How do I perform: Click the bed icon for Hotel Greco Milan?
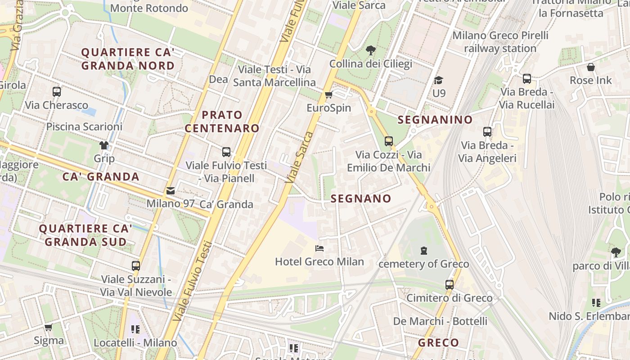[x=319, y=248]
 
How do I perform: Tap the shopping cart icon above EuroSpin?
[x=328, y=94]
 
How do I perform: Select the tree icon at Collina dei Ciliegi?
[x=371, y=50]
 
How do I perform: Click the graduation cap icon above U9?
[x=438, y=80]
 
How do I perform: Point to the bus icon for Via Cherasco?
[x=57, y=92]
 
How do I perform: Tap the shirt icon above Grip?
[x=104, y=145]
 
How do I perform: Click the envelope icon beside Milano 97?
[x=171, y=191]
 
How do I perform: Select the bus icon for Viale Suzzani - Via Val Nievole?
[x=136, y=266]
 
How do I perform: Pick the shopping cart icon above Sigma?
[x=48, y=327]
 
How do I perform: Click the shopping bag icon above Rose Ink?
[x=591, y=67]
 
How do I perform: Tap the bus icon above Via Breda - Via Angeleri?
[x=487, y=132]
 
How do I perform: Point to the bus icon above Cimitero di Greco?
[x=449, y=284]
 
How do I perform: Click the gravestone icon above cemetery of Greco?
[x=423, y=250]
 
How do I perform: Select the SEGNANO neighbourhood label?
[x=361, y=198]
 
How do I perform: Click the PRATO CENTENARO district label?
[x=222, y=121]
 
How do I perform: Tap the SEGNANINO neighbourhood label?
[x=435, y=120]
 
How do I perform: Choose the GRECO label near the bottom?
[x=438, y=343]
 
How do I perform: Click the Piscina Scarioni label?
[x=84, y=126]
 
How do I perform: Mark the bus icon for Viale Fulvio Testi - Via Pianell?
[x=226, y=152]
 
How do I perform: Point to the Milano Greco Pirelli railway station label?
[x=500, y=41]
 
